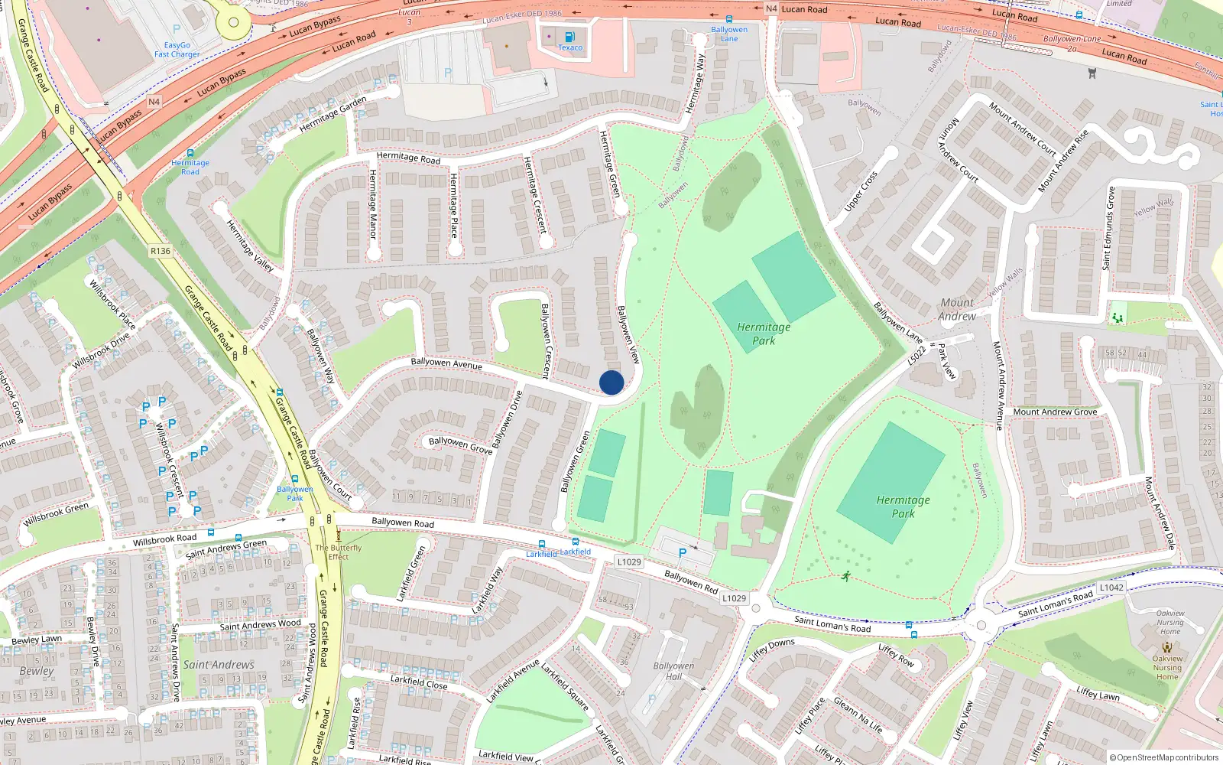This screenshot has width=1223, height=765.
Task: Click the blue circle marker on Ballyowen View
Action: tap(611, 382)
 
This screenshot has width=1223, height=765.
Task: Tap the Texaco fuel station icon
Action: tap(569, 37)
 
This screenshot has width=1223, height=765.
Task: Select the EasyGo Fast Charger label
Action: tap(177, 50)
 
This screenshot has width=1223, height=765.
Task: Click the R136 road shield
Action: tap(161, 251)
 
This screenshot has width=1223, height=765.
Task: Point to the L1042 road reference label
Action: tap(1111, 588)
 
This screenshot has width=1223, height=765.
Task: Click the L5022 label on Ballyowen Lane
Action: tap(917, 355)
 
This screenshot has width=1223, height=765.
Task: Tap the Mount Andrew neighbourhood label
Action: tap(957, 309)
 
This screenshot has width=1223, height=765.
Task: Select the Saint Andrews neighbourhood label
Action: tap(219, 665)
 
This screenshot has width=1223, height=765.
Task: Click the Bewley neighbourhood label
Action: tap(37, 671)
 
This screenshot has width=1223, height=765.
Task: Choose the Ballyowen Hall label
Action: tap(673, 671)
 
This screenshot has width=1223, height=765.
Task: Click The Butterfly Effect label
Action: tap(339, 552)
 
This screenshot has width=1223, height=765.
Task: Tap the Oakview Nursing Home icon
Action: tap(1166, 646)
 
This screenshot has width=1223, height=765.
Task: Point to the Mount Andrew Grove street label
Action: tap(1055, 412)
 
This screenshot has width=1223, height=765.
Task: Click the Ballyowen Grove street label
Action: tap(460, 445)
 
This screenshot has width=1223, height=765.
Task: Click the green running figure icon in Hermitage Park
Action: tap(845, 576)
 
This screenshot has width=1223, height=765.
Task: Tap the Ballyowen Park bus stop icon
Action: tap(294, 480)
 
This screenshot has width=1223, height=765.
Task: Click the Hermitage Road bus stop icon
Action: tap(190, 153)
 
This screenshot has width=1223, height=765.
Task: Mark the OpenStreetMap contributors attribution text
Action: tap(1163, 757)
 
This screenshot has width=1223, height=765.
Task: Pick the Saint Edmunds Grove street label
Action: tap(1108, 228)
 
